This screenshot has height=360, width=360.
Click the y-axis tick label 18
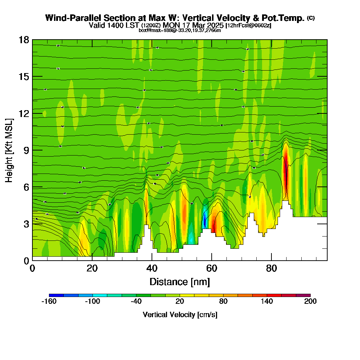[x=24, y=40]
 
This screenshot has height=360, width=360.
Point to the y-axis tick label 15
[x=24, y=77]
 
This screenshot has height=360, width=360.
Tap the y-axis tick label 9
[x=26, y=150]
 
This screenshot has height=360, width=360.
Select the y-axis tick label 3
[x=26, y=224]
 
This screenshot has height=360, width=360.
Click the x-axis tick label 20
[x=92, y=268]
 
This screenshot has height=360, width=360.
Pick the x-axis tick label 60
[x=212, y=268]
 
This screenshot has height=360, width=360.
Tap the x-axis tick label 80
[x=271, y=268]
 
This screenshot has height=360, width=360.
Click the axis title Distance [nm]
[x=180, y=282]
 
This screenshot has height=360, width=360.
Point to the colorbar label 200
[x=310, y=302]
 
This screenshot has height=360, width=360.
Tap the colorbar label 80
[x=223, y=302]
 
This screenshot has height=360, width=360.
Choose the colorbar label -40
[x=136, y=302]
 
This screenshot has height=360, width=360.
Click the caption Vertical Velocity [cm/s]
[x=180, y=315]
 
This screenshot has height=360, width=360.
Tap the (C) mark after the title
[x=311, y=18]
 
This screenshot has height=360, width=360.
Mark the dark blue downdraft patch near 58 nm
[x=204, y=220]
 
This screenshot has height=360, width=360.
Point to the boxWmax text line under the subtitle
[x=180, y=30]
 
